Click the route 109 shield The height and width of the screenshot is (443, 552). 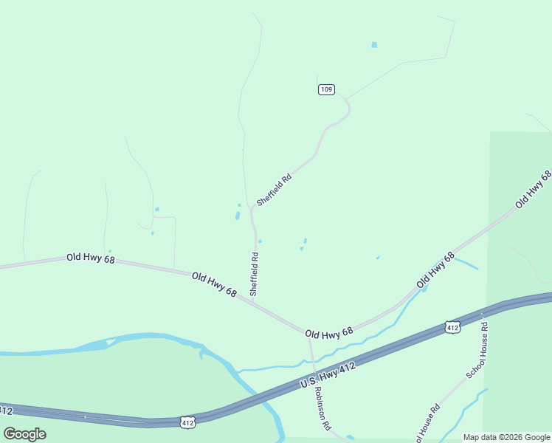326,89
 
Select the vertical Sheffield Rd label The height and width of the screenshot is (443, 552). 254,275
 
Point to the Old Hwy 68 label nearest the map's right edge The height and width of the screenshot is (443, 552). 533,189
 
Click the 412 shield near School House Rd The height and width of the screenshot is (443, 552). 452,326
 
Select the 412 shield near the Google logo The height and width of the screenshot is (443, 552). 187,422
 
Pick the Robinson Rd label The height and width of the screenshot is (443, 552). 322,408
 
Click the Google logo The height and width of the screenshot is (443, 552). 24,433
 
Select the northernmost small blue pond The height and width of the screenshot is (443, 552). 374,45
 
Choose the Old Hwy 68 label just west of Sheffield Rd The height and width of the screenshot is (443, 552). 214,285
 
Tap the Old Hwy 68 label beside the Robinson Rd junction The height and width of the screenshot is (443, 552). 329,334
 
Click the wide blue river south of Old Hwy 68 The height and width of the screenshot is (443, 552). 148,340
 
